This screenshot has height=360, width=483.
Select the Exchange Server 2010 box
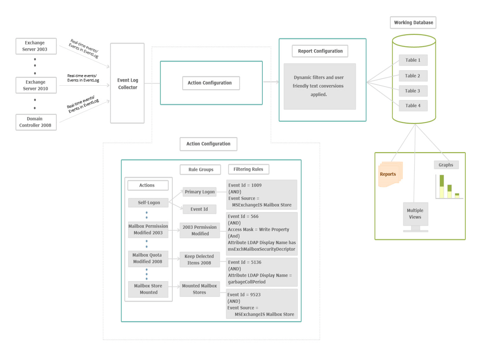(x=36, y=85)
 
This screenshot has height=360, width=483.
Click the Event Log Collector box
(x=127, y=83)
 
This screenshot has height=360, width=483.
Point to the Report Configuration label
(x=320, y=51)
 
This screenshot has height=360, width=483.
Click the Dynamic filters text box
(x=320, y=86)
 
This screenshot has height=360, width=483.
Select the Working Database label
(x=413, y=23)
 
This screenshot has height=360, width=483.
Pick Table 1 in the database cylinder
(x=413, y=60)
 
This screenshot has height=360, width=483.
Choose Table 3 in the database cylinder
(x=413, y=91)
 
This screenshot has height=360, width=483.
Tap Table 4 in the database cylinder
(x=413, y=106)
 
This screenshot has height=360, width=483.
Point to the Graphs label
(x=446, y=165)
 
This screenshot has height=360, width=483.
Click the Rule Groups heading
(x=200, y=170)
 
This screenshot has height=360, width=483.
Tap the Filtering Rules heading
(x=248, y=169)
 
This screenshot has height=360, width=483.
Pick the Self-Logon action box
(x=149, y=203)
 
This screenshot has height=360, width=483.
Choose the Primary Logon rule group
(x=200, y=192)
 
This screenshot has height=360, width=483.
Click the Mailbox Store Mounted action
(x=148, y=289)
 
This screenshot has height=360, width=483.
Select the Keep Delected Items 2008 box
(x=199, y=260)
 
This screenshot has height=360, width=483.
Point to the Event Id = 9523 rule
(x=261, y=304)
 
